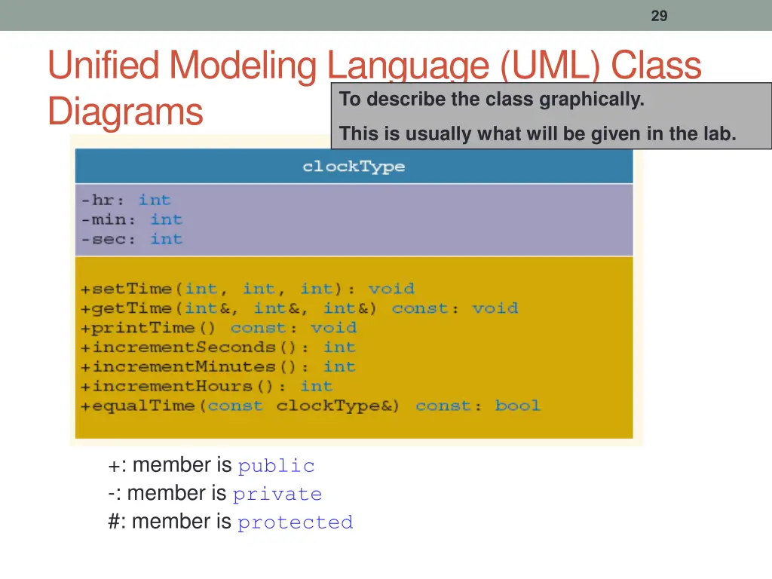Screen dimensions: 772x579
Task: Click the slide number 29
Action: (x=659, y=16)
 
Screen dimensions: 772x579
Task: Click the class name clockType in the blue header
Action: (x=354, y=167)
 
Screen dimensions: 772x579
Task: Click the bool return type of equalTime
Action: (x=517, y=406)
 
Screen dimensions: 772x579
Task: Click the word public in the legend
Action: (x=276, y=467)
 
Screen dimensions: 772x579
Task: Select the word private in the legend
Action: (x=277, y=495)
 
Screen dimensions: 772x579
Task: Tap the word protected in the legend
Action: (x=295, y=522)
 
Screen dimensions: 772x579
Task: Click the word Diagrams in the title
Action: (x=125, y=112)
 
